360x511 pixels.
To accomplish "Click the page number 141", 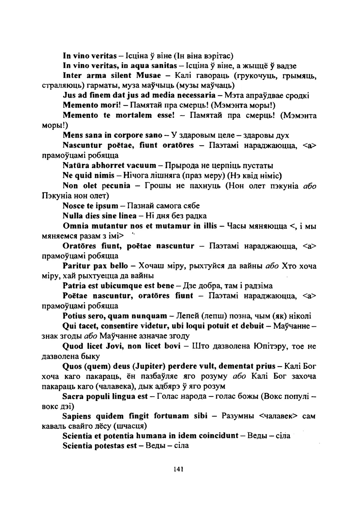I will (x=178, y=469).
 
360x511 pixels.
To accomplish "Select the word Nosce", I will (x=73, y=206).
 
